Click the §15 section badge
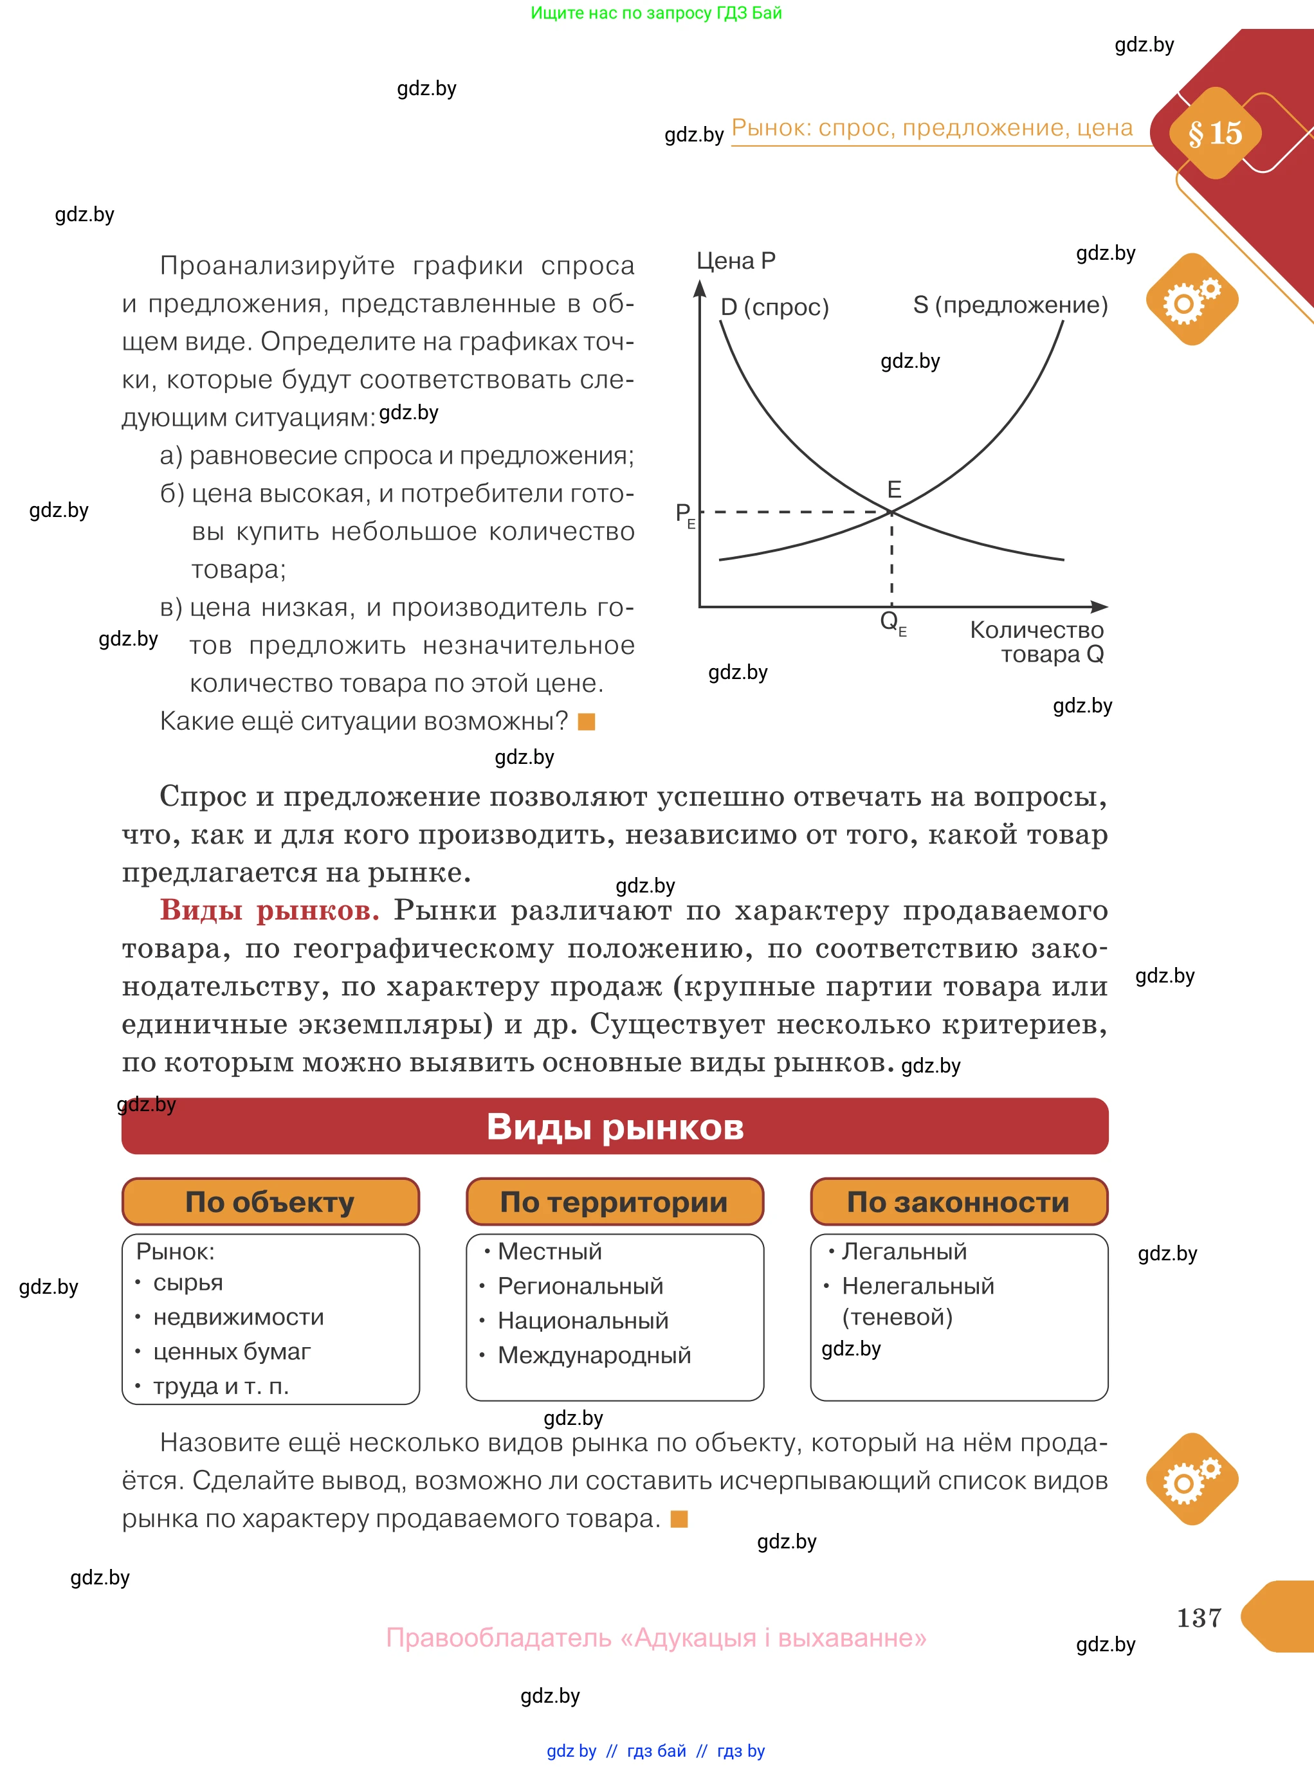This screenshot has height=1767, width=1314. (x=1214, y=134)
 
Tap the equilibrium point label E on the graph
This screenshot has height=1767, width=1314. (x=894, y=489)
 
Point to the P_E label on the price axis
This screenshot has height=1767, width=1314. (x=684, y=514)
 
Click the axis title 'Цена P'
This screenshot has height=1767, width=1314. (x=736, y=261)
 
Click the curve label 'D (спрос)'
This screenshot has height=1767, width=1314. (x=774, y=307)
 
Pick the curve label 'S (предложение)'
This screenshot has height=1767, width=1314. (x=1010, y=305)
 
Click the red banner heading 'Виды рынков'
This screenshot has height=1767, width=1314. (x=615, y=1126)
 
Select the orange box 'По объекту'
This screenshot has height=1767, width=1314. (x=270, y=1202)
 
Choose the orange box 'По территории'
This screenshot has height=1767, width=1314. (x=614, y=1202)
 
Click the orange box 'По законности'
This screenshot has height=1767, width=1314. (x=958, y=1202)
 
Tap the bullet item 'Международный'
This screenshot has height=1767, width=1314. (x=594, y=1355)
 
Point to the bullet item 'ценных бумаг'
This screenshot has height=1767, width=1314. (x=232, y=1351)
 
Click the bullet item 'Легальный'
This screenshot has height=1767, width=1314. (x=904, y=1252)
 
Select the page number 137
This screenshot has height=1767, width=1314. (x=1199, y=1617)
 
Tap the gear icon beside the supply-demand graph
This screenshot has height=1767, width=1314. (x=1192, y=300)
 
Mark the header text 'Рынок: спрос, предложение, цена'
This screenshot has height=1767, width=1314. (x=932, y=128)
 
